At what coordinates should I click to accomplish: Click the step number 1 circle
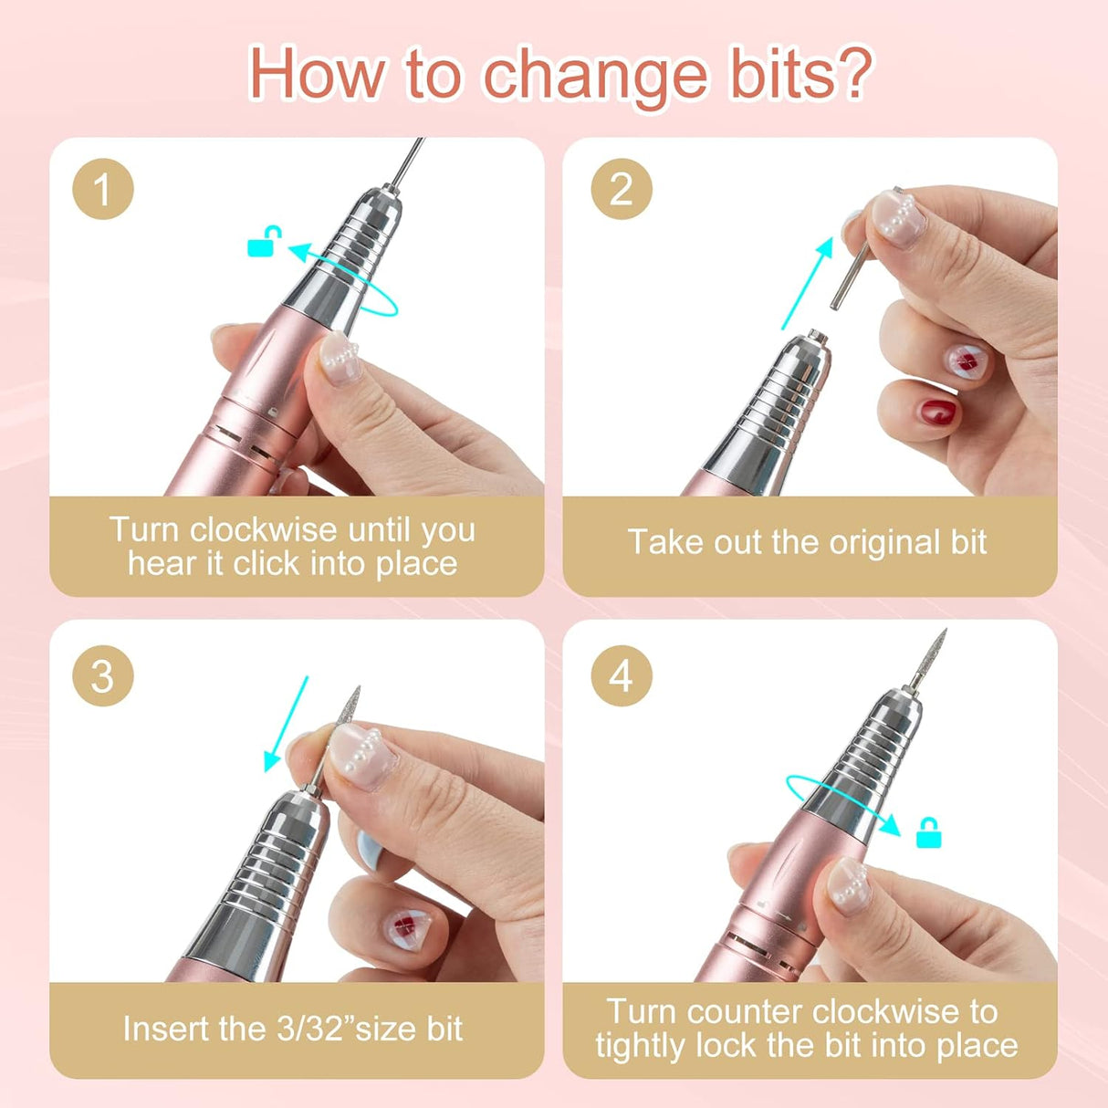103,190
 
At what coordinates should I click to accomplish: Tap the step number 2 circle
622,190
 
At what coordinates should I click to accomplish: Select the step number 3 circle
103,676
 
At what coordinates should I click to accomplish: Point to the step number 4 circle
622,676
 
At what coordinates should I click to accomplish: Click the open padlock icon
264,243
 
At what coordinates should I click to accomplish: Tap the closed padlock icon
928,833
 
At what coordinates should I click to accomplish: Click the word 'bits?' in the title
800,75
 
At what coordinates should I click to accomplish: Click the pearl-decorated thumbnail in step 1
340,359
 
